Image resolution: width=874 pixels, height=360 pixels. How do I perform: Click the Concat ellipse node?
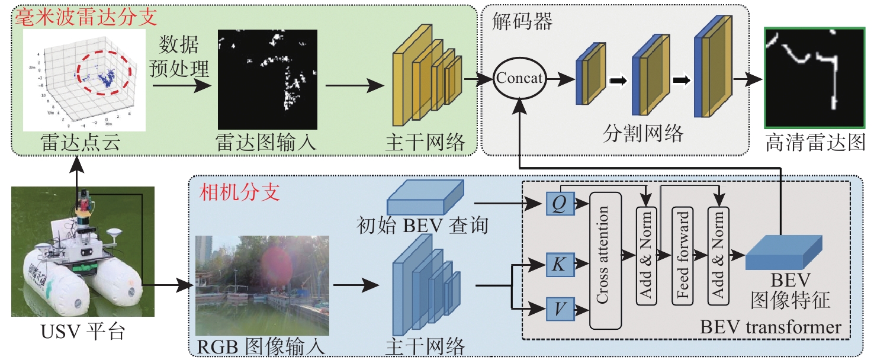coord(519,79)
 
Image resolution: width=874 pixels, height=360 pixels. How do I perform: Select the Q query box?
coord(558,204)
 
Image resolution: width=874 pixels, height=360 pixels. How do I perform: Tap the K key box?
coord(558,265)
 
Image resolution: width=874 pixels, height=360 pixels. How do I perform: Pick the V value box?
coord(558,308)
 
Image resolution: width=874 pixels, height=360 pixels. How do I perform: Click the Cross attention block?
coord(604,260)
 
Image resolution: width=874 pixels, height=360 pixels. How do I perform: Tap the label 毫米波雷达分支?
coord(85,17)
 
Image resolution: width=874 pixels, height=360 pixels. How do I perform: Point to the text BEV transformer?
coord(770,327)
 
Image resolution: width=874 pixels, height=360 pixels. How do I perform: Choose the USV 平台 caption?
coord(83,332)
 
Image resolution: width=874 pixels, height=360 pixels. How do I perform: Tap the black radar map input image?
coord(268,79)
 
